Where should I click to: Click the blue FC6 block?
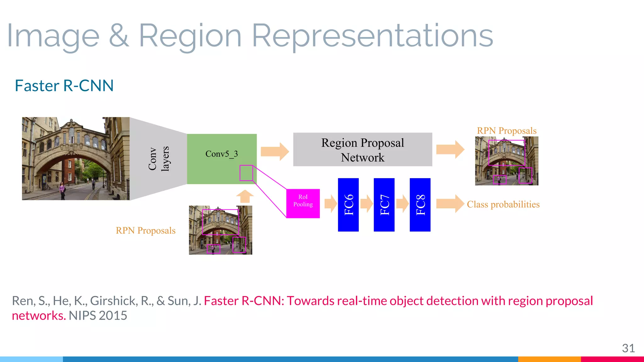(x=348, y=205)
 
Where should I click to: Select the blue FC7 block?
(x=384, y=205)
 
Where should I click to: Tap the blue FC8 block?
(x=420, y=205)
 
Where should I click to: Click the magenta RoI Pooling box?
(x=303, y=203)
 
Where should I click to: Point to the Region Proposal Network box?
(x=363, y=150)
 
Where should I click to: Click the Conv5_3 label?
(x=221, y=154)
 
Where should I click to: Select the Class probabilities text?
(x=503, y=205)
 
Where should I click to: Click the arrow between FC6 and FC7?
(x=366, y=204)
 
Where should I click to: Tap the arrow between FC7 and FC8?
(x=402, y=204)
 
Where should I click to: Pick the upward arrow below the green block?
(x=245, y=196)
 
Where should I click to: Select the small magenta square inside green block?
(x=246, y=173)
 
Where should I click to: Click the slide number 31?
(x=628, y=348)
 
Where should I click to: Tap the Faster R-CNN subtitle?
(x=64, y=86)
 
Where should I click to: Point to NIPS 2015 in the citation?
(x=98, y=315)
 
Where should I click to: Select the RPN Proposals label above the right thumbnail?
(x=506, y=131)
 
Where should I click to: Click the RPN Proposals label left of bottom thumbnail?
(x=146, y=231)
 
